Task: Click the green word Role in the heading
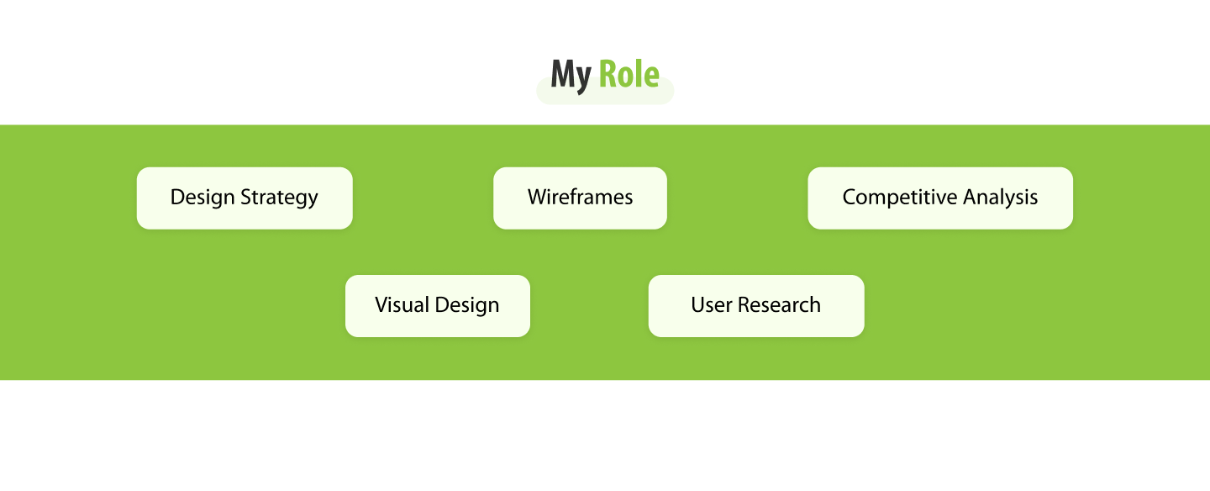(629, 74)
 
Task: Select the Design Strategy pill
(245, 198)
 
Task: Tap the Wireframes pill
(580, 198)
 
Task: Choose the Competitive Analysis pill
(940, 198)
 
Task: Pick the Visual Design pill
(438, 306)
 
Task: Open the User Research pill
(756, 306)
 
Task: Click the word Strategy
(279, 198)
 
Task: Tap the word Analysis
(1001, 198)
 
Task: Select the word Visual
(402, 305)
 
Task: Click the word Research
(779, 305)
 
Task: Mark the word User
(712, 305)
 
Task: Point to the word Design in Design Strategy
(203, 198)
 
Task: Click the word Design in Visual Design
(467, 306)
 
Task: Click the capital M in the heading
(563, 73)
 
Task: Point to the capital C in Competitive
(850, 198)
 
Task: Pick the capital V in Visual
(382, 305)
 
